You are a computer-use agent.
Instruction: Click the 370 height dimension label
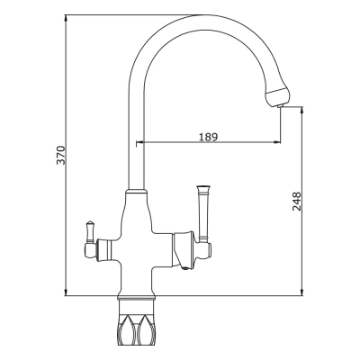61,155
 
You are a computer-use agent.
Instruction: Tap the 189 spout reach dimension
208,137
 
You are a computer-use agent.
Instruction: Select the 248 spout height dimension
296,202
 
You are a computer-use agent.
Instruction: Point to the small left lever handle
90,232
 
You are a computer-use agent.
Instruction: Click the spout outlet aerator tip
281,106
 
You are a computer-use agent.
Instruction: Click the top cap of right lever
203,188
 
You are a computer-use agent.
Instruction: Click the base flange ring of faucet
137,297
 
